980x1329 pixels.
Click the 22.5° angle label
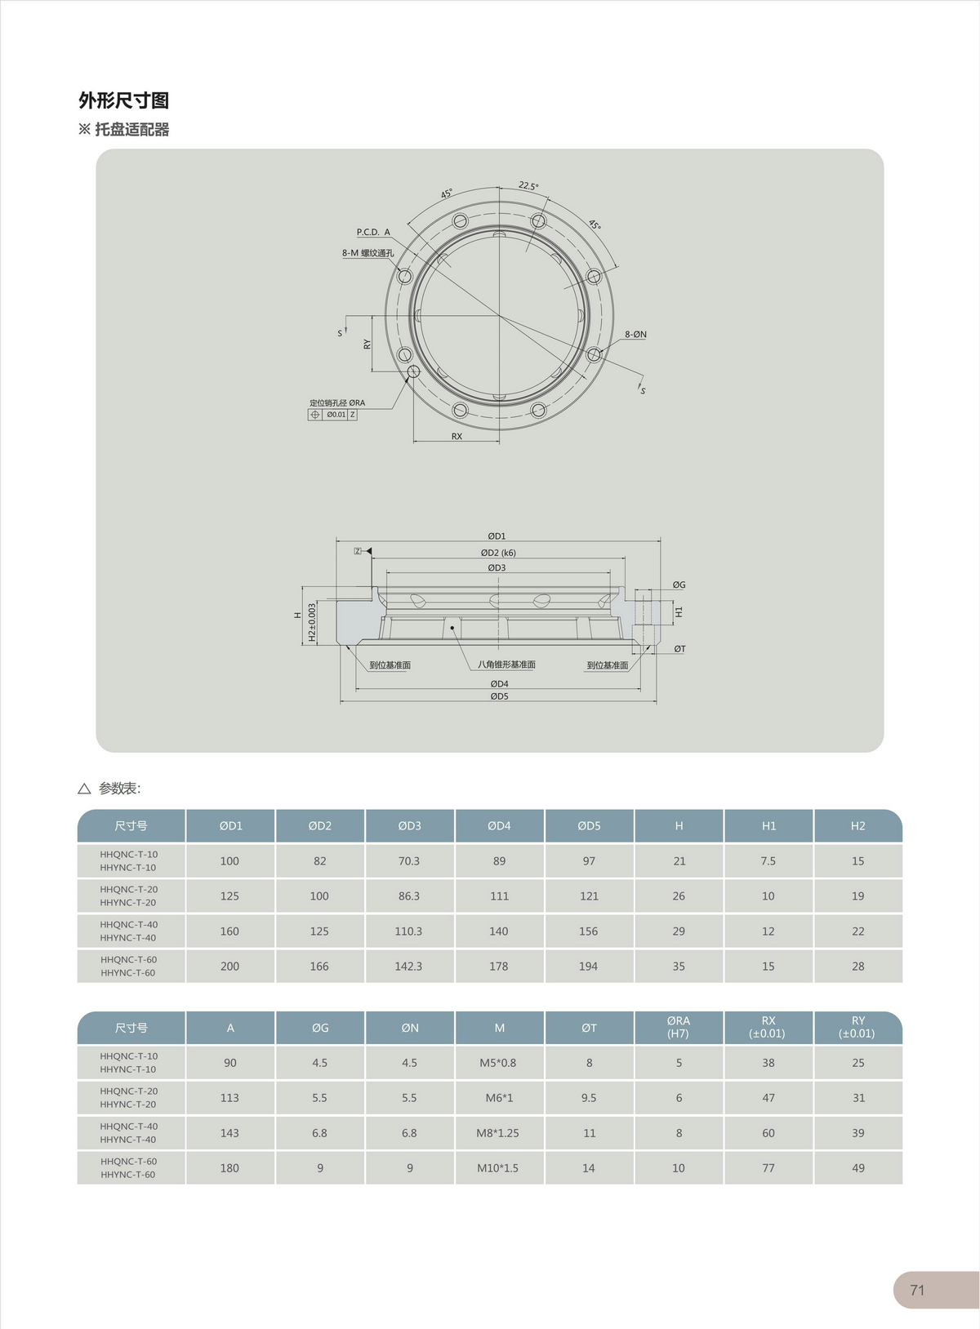tap(528, 185)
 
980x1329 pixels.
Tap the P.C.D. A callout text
tap(373, 232)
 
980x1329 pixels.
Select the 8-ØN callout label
tap(635, 334)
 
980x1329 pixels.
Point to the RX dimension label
tap(457, 436)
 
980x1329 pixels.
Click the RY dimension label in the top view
tap(367, 344)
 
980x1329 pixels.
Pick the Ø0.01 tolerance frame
tap(332, 415)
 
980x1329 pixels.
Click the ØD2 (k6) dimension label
tap(498, 553)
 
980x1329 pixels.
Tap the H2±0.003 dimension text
tap(312, 622)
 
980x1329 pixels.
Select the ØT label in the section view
tap(679, 648)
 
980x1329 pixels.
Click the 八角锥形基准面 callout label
tap(506, 664)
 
